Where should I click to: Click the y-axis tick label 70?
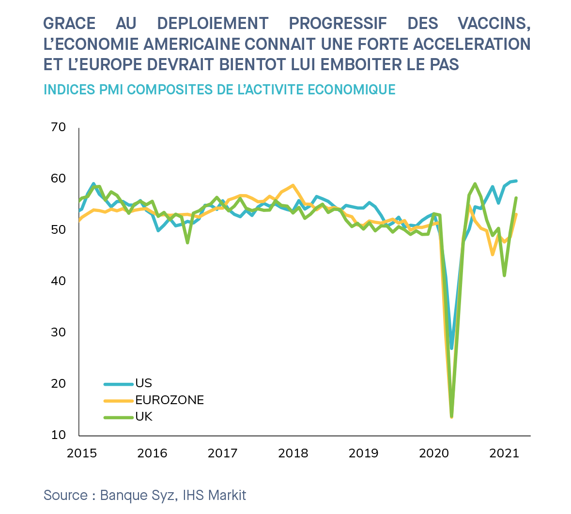tap(58, 127)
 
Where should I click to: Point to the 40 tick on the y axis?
tap(58, 281)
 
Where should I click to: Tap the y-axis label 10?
tap(58, 435)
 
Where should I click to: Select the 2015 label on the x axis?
tap(82, 454)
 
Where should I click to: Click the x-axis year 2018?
tap(293, 454)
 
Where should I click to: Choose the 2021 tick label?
tap(504, 454)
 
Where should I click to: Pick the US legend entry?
tap(143, 383)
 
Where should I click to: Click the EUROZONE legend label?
tap(170, 400)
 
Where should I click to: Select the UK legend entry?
tap(144, 417)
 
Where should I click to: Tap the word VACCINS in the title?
tap(494, 23)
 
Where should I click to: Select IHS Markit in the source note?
tap(215, 495)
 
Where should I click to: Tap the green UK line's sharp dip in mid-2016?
tap(187, 242)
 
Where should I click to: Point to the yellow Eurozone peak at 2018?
tap(293, 185)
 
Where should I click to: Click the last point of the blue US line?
tap(516, 181)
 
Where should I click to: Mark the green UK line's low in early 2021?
tap(505, 275)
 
